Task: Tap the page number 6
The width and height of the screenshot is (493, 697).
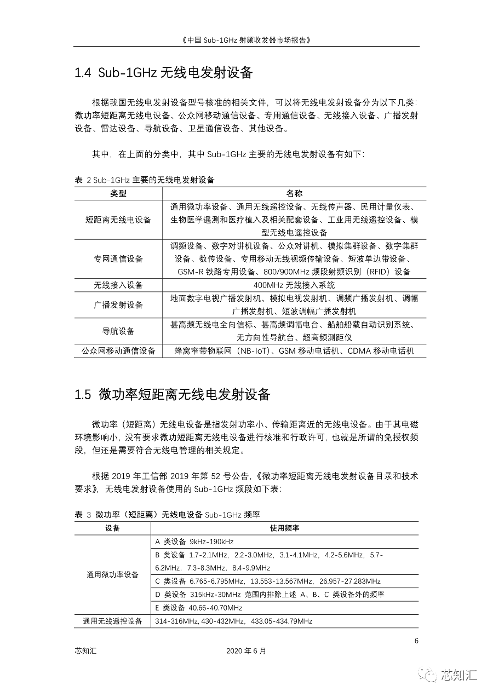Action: click(416, 641)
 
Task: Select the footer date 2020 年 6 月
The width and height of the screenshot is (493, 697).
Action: click(246, 651)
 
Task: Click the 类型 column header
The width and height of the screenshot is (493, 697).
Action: click(118, 194)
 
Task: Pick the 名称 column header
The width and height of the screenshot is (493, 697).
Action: click(294, 194)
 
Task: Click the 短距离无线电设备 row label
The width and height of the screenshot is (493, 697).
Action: click(118, 220)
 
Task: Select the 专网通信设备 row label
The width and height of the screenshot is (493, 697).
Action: click(118, 259)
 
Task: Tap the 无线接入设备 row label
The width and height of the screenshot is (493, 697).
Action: click(118, 285)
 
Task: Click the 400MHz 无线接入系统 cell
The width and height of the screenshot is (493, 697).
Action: click(294, 285)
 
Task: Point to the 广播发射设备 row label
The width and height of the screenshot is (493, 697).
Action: click(118, 305)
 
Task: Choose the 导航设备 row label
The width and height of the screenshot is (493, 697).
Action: click(118, 331)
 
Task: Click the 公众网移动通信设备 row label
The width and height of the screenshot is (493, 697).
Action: click(118, 351)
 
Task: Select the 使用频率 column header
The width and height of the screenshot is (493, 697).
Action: click(284, 528)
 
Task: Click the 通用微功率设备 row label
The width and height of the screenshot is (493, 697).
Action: click(113, 575)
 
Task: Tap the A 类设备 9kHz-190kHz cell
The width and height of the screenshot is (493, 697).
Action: click(194, 542)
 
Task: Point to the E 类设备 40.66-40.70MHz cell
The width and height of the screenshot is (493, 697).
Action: click(199, 608)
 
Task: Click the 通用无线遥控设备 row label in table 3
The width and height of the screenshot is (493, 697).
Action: click(113, 621)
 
